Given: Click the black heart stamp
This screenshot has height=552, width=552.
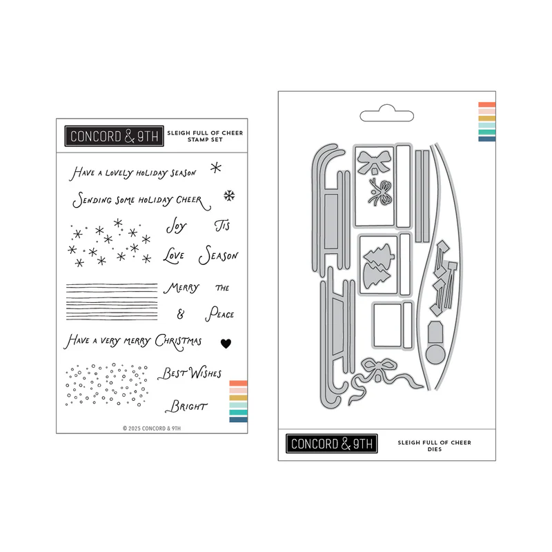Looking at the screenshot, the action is pos(226,343).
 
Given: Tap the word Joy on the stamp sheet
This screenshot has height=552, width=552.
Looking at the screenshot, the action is pos(177,226).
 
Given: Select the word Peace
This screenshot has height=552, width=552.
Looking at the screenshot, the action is pos(219,314).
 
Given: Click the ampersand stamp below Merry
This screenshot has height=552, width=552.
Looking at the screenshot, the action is pos(181,314).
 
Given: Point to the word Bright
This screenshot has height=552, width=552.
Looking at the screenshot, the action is pos(186,406).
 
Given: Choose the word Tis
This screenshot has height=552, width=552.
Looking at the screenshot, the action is pos(222,226).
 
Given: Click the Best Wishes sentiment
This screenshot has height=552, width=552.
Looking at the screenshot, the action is pos(190,373).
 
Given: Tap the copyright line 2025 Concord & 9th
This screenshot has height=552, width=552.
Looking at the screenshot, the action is pos(152,428).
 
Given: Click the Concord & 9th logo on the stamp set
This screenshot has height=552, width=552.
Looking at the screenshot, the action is pos(114,136).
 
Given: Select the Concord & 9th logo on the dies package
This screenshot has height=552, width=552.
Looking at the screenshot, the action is pos(332,444).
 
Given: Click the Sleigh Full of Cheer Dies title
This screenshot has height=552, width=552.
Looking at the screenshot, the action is pos(435,446).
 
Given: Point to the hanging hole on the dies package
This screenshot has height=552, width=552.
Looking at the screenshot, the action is pos(386,113).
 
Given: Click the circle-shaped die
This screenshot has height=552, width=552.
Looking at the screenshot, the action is pos(435,354).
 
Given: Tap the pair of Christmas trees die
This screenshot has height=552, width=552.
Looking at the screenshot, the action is pos(377,266).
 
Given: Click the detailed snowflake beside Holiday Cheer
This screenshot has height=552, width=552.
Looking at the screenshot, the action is pos(229,196).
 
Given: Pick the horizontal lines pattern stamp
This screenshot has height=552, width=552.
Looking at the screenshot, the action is pos(112,302).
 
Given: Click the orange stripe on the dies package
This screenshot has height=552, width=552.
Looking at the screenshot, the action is pos(487,105).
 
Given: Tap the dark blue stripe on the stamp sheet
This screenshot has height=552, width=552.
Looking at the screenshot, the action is pos(238,420).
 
